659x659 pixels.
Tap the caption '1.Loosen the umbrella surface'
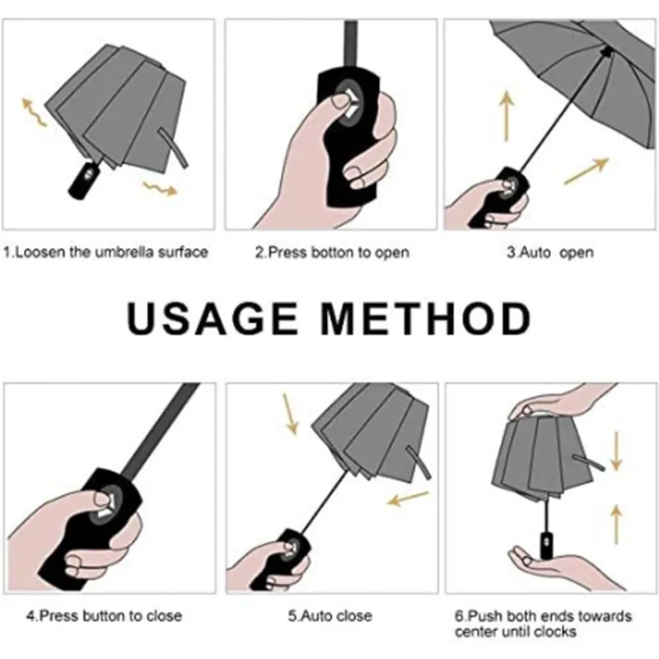(x=105, y=252)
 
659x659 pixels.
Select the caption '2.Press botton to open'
(x=331, y=252)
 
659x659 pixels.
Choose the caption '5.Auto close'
(x=329, y=615)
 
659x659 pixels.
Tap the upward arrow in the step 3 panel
(x=506, y=116)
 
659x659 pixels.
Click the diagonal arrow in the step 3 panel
(x=586, y=170)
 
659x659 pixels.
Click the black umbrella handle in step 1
(x=84, y=178)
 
